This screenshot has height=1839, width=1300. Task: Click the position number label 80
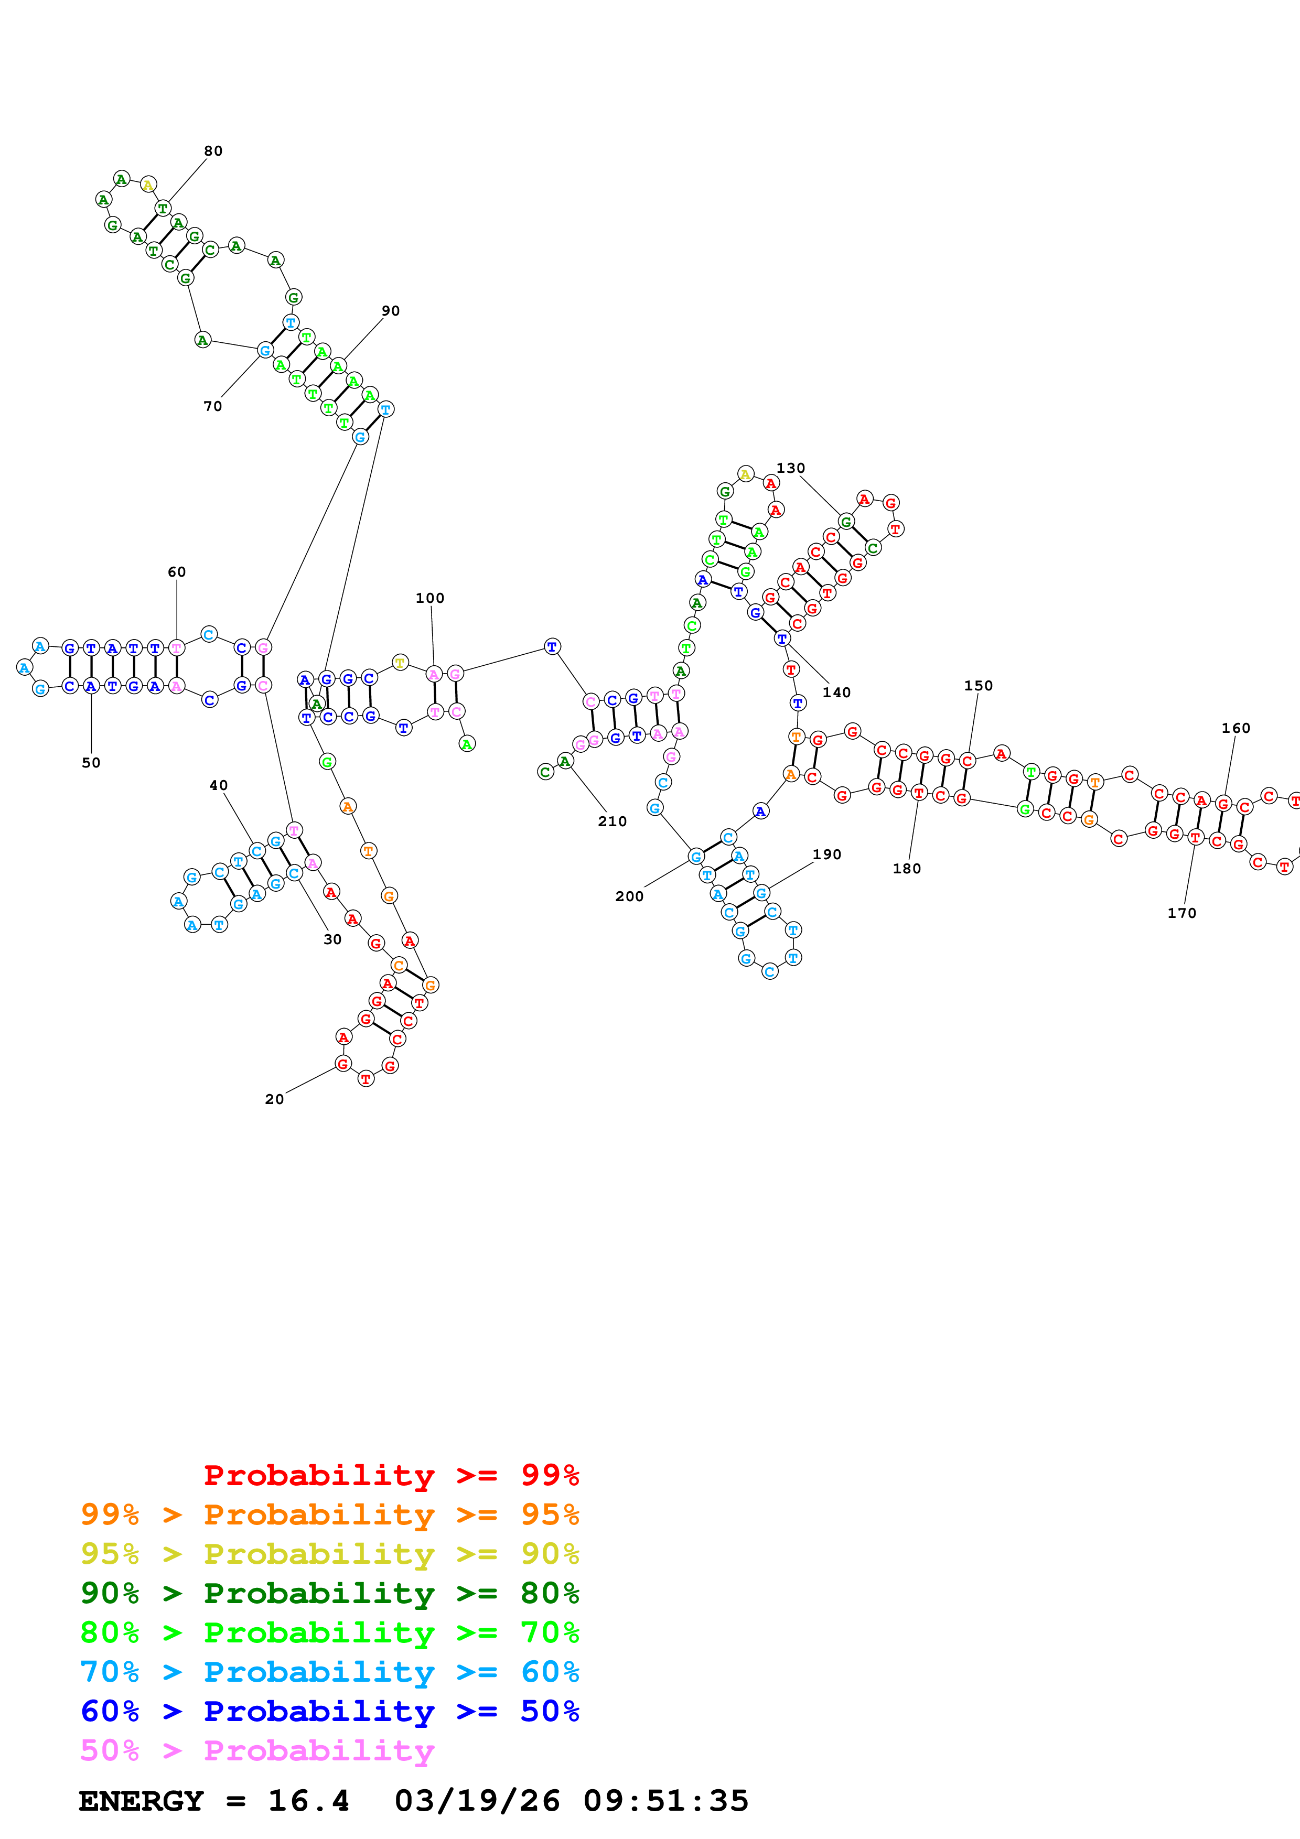(213, 152)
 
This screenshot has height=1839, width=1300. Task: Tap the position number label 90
(390, 311)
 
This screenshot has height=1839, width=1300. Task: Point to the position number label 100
(429, 598)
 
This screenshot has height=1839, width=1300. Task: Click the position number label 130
(791, 469)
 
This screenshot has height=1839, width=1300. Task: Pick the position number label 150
(978, 686)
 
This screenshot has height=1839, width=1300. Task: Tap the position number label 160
(1235, 728)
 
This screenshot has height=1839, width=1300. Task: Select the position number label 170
(1181, 913)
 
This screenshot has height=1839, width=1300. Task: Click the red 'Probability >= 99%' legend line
(391, 1475)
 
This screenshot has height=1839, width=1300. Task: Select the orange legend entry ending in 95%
(329, 1515)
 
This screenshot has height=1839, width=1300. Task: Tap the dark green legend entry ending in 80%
(329, 1593)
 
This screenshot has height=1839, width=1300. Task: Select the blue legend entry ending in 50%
(329, 1711)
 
